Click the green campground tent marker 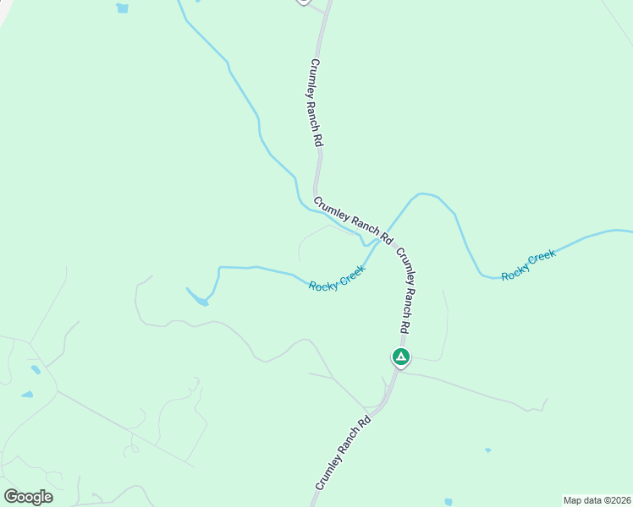pos(401,357)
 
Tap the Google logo pos(28,497)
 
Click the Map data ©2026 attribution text pos(596,500)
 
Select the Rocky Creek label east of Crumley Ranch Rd pos(528,265)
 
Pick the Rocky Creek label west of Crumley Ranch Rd pos(337,278)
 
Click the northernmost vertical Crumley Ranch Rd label pos(317,103)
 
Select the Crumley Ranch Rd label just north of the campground pos(407,290)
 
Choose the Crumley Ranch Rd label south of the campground pos(344,454)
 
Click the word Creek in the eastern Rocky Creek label pos(542,259)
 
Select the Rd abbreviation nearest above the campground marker pos(405,324)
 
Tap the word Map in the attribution pos(573,500)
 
